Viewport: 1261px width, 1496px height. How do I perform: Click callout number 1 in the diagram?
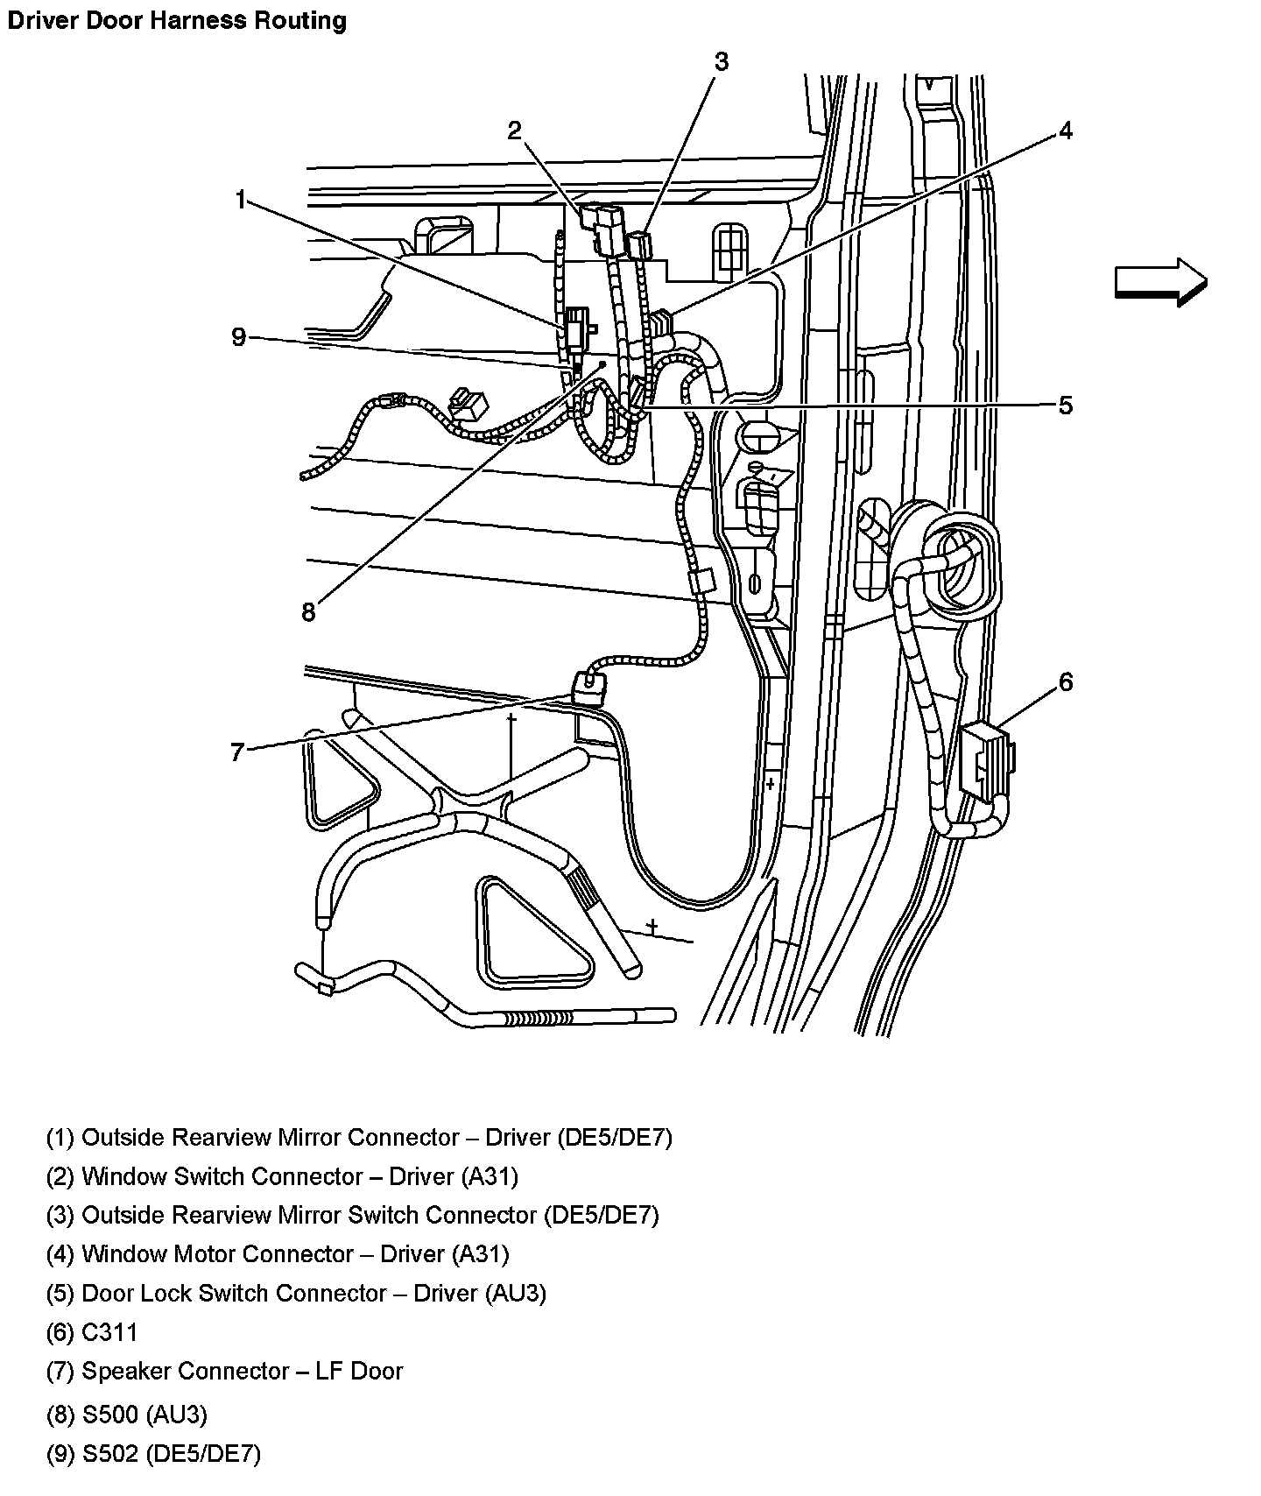pos(240,201)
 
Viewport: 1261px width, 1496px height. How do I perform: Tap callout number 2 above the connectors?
pos(515,131)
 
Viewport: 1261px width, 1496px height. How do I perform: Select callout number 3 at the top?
pos(721,62)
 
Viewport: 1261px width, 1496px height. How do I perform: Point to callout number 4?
pos(1065,131)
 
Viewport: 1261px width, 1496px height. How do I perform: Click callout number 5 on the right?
pos(1065,406)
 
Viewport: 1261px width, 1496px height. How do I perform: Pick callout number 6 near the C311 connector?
pos(1065,681)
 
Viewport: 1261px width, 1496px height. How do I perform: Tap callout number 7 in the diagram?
pos(236,752)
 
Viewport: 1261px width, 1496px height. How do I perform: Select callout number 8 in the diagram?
pos(308,612)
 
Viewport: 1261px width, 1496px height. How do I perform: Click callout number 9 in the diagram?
pos(239,337)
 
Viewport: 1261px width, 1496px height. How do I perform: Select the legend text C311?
pos(109,1332)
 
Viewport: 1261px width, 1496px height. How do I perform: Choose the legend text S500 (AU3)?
pos(144,1415)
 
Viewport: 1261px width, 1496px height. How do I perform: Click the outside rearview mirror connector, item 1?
pos(576,328)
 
